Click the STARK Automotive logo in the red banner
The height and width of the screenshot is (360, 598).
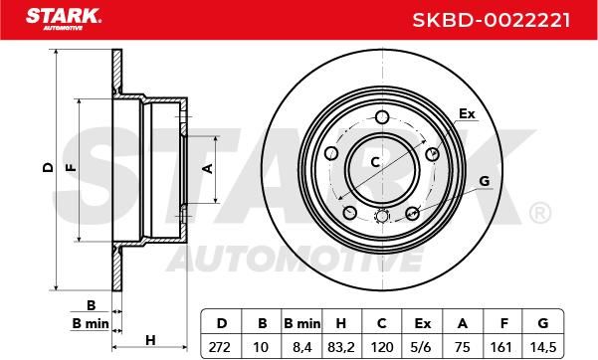point(64,19)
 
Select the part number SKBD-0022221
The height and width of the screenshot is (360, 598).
point(492,20)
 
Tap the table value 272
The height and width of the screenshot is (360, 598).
point(220,347)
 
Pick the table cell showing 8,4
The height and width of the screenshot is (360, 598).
point(302,347)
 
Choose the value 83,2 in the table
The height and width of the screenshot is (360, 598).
point(341,347)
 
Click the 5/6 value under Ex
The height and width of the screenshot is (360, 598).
point(422,347)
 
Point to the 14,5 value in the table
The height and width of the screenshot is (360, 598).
point(542,347)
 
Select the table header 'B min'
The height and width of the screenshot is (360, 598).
point(302,324)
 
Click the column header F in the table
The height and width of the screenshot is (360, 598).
point(503,324)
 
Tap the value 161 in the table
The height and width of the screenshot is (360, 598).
point(500,347)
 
